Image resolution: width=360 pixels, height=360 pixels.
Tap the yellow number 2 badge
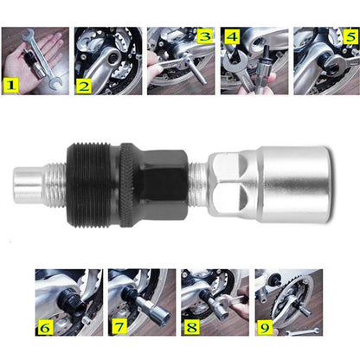84,85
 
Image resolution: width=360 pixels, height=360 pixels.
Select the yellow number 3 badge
204,36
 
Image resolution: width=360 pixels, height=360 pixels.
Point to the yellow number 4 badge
232,37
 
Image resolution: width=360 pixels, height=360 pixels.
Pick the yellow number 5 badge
350,37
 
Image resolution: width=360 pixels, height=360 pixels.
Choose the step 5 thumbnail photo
326,61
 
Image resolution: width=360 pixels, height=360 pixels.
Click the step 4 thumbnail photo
253,61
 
